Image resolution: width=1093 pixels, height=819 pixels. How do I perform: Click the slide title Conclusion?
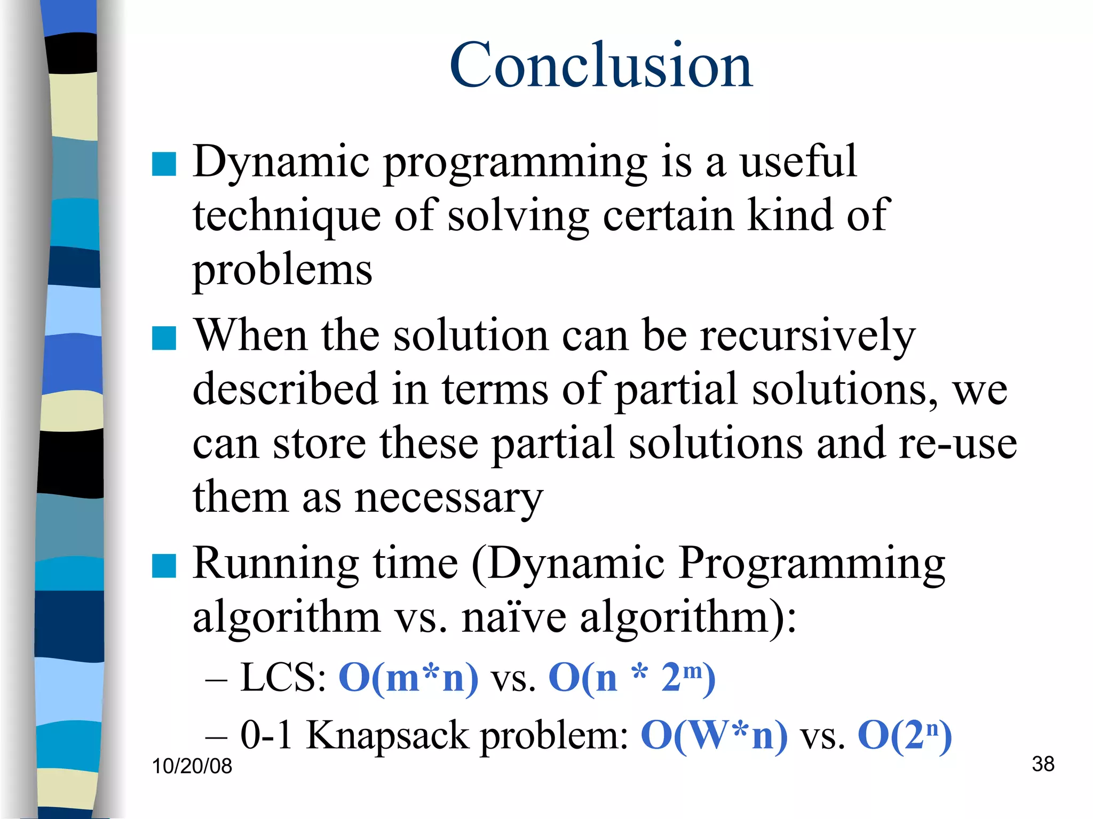(600, 66)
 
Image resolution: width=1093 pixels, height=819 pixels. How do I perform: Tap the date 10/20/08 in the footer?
(192, 766)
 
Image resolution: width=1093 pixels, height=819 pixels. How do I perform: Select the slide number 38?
(1043, 764)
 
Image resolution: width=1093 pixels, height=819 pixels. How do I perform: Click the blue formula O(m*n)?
(409, 678)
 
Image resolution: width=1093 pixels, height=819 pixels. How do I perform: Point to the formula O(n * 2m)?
(632, 678)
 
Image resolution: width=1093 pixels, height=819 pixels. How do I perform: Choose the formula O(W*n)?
(714, 735)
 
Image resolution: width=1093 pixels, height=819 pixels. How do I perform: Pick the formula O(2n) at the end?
(905, 735)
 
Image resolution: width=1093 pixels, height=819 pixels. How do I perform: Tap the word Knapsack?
(388, 735)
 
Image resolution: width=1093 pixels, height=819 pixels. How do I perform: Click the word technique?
(287, 216)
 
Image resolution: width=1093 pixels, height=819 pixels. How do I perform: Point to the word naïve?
(514, 617)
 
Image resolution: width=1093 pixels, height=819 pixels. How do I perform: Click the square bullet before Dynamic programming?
(164, 164)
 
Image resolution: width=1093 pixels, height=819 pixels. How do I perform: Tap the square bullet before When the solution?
(164, 338)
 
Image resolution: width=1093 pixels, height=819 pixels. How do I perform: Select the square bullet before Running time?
(164, 566)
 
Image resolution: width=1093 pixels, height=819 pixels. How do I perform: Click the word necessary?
(449, 498)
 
